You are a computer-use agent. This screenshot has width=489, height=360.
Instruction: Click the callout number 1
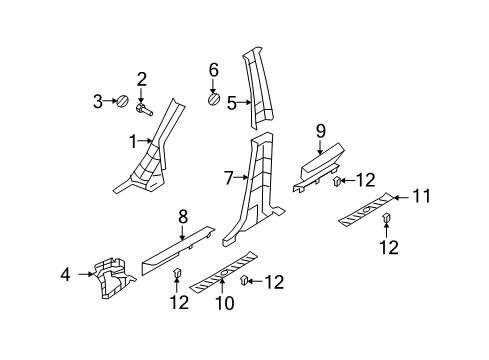[x=133, y=142]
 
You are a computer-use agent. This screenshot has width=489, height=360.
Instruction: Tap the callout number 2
[x=141, y=80]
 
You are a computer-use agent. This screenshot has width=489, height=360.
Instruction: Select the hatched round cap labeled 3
[x=122, y=101]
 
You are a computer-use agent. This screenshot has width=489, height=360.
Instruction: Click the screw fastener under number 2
[x=144, y=109]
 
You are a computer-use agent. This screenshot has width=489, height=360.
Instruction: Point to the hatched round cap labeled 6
[x=214, y=99]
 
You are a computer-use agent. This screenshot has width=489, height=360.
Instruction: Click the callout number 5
[x=232, y=103]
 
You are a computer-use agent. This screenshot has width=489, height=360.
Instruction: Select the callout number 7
[x=228, y=178]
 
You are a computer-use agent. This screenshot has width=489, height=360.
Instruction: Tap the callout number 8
[x=183, y=217]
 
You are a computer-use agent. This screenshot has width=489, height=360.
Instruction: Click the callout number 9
[x=320, y=132]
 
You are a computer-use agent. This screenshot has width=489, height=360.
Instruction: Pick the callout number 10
[x=225, y=303]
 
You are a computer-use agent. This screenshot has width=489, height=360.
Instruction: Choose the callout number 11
[x=422, y=196]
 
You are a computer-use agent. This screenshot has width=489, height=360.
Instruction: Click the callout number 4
[x=66, y=275]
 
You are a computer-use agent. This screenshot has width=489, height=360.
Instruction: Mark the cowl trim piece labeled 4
[x=114, y=278]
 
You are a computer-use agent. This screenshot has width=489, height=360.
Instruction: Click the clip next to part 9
[x=337, y=181]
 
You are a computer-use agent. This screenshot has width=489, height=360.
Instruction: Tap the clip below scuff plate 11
[x=386, y=218]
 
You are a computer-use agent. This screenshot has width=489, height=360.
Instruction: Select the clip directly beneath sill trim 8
[x=177, y=272]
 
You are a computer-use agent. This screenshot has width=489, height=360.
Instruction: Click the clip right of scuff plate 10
[x=244, y=281]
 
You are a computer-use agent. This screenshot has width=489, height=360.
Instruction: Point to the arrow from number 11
[x=401, y=198]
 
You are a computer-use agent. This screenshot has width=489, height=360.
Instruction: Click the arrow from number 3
[x=109, y=101]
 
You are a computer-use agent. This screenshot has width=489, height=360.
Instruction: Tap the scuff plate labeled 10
[x=223, y=271]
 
